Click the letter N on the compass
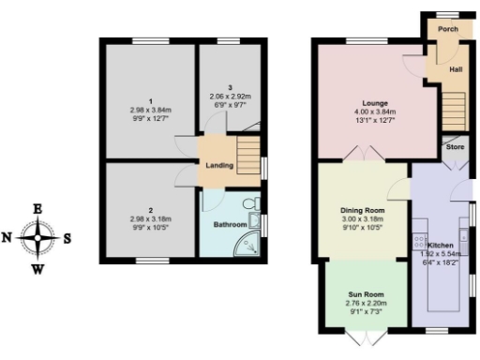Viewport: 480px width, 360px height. [7, 238]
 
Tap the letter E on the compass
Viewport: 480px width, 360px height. [37, 208]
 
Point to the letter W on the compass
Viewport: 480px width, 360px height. [37, 270]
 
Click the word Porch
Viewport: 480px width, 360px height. [448, 29]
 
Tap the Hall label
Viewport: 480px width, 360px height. [456, 69]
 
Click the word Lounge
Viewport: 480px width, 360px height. [376, 101]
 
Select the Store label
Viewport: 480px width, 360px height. [455, 147]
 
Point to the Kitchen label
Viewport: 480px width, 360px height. [440, 244]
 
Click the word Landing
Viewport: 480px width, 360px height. [219, 166]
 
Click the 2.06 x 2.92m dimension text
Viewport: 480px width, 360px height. [230, 97]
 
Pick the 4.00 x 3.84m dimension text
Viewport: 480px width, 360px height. [376, 111]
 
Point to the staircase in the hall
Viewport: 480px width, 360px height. [455, 99]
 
